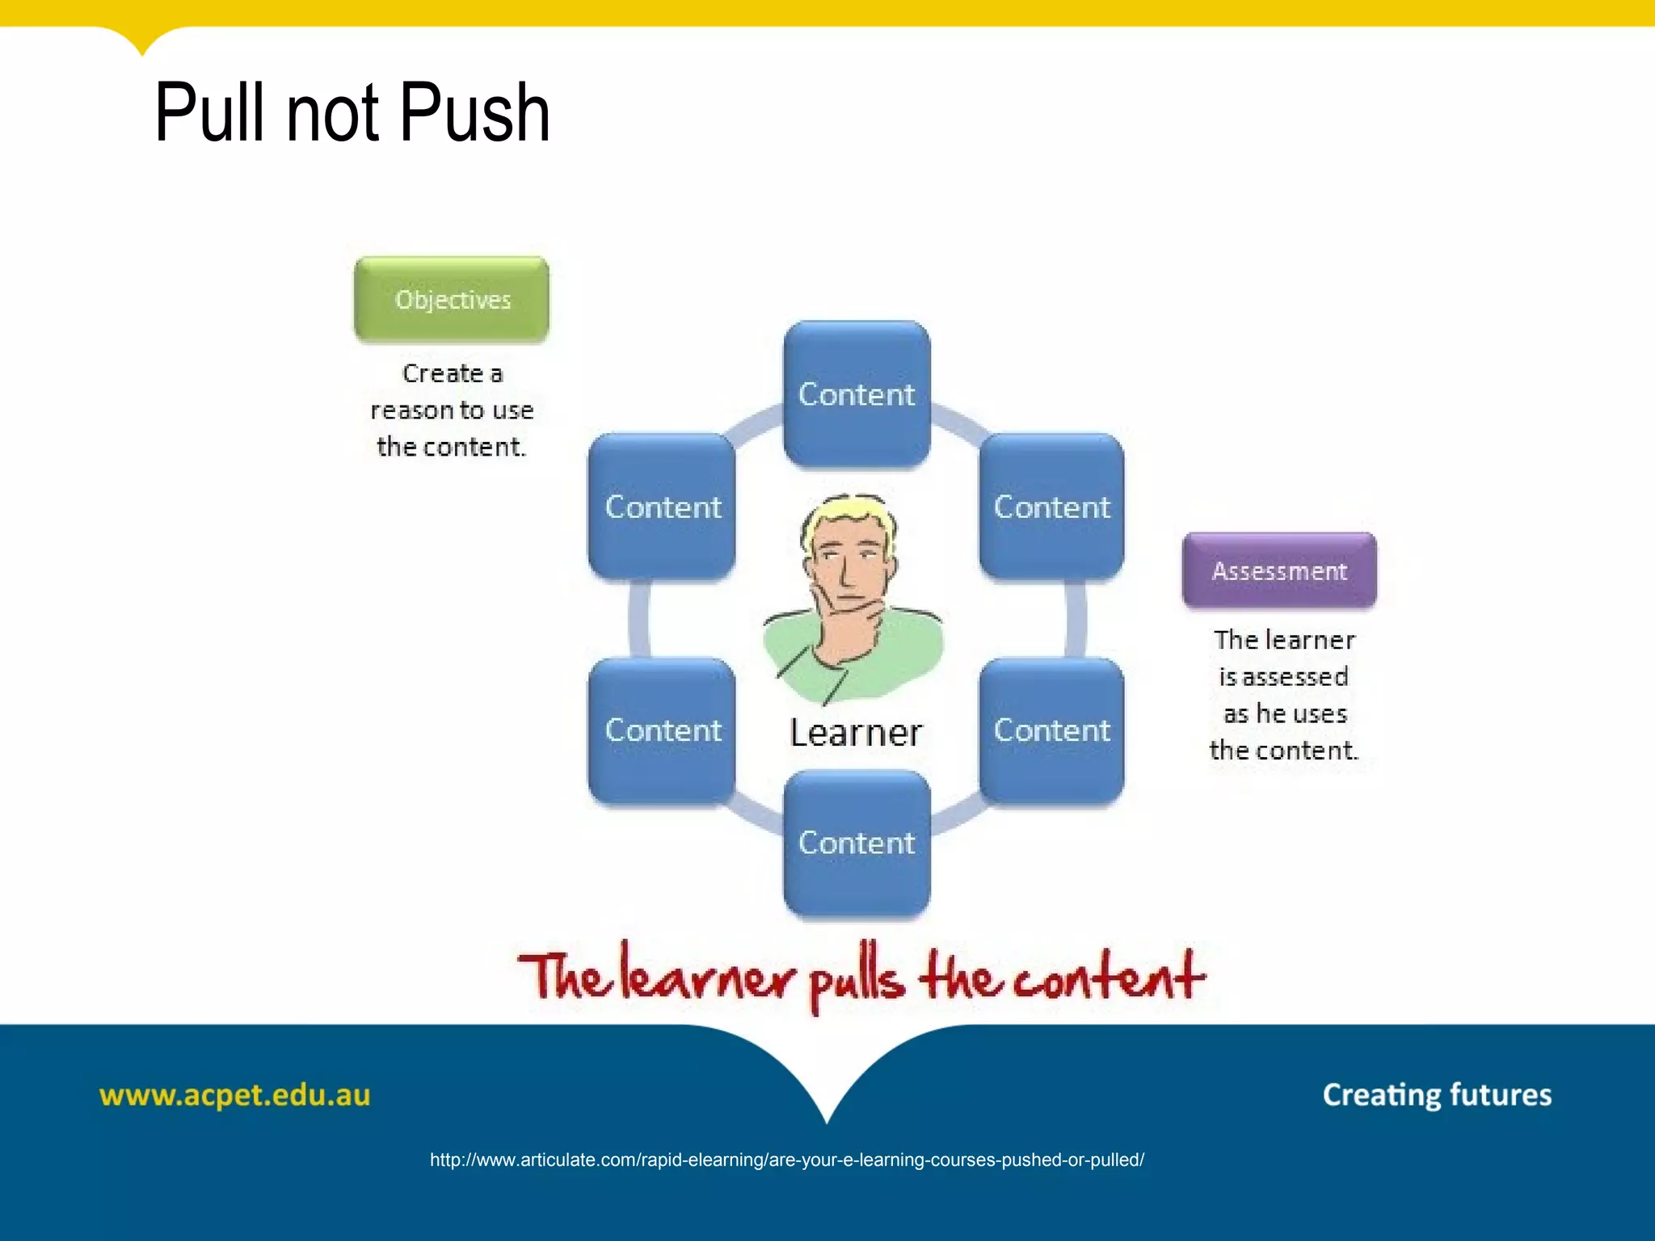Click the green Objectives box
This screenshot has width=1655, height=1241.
pos(452,300)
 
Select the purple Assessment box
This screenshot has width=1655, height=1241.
pos(1279,570)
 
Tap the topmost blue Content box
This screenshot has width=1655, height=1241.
pos(857,393)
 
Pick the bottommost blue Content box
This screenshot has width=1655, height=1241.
pos(857,843)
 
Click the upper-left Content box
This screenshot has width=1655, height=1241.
pos(663,507)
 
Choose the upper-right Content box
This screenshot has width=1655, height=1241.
pos(1051,507)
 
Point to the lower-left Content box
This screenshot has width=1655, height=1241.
pos(663,730)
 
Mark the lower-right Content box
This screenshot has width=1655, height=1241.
pos(1051,730)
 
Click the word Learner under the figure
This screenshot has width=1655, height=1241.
pos(856,733)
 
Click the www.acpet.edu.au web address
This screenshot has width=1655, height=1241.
pos(234,1096)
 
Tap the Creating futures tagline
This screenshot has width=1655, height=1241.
pos(1437,1096)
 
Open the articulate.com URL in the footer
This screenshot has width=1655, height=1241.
pos(786,1160)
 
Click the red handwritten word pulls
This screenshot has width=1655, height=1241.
pos(857,979)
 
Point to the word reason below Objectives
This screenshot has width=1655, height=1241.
pos(411,411)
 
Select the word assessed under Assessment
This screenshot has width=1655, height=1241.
pos(1295,677)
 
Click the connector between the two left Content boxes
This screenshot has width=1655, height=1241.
pos(639,619)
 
